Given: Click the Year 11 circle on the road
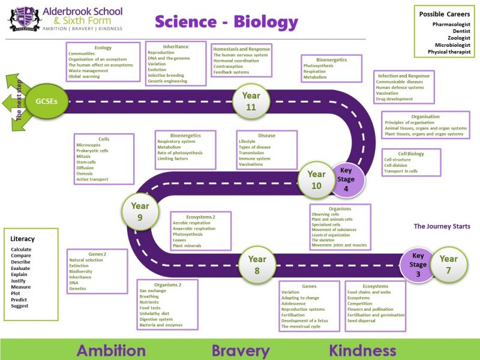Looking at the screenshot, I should click(x=251, y=101).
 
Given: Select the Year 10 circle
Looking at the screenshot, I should click(x=316, y=179).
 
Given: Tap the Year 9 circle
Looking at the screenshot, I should click(x=140, y=211).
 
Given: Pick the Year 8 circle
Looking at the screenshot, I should click(x=257, y=265).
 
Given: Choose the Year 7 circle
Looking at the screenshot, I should click(x=448, y=265).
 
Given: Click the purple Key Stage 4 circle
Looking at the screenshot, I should click(x=346, y=179).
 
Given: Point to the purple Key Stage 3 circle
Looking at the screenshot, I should click(x=418, y=265).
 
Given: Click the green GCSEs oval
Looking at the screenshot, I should click(x=46, y=101).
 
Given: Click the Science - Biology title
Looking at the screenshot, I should click(x=226, y=22).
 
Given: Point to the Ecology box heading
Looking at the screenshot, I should click(x=103, y=47).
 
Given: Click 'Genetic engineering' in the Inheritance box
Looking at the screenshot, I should click(x=167, y=81).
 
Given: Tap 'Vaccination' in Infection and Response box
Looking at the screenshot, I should click(x=387, y=93).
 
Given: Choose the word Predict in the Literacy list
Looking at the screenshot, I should click(x=19, y=299).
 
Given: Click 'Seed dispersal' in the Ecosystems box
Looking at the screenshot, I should click(x=362, y=320).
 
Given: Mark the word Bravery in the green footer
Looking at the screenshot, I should click(x=240, y=350).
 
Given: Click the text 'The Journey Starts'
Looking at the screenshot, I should click(x=442, y=226).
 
